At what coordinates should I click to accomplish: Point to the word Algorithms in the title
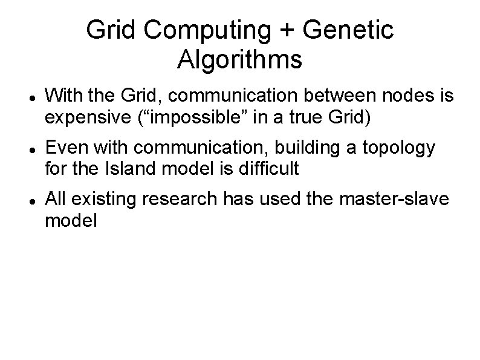240,60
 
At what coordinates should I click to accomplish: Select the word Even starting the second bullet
65,147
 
